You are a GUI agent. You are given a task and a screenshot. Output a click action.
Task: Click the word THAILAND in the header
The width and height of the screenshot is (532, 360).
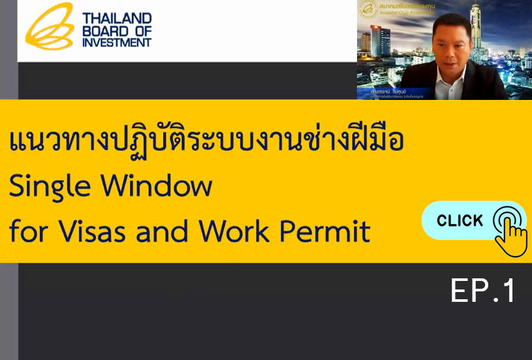[117, 18]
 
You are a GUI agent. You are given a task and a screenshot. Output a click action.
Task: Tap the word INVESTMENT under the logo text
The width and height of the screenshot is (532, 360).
[117, 42]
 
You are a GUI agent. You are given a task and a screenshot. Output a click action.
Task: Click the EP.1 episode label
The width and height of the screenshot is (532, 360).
[483, 291]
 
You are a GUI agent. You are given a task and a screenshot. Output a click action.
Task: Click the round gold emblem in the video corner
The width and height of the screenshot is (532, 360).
[368, 8]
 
